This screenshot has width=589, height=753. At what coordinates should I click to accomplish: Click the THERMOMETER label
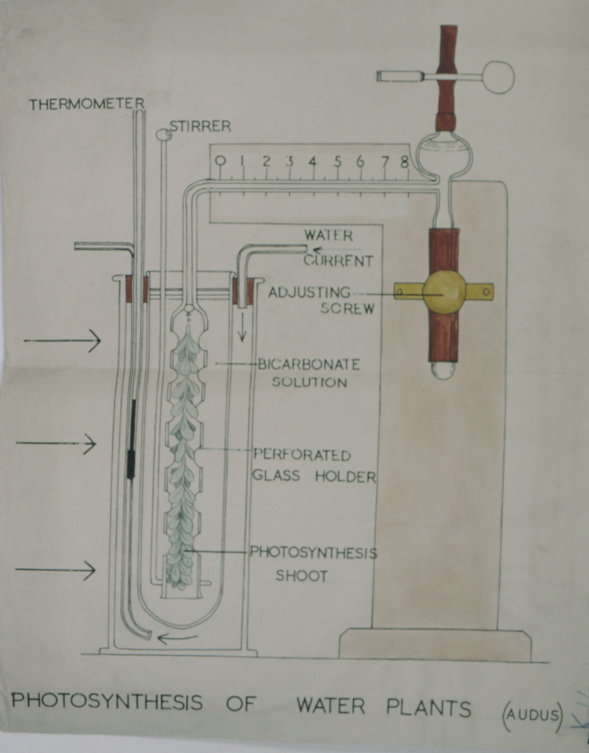[x=87, y=104]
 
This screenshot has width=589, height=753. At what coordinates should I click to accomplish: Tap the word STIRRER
[x=201, y=127]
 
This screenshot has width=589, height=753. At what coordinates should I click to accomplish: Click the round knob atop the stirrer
[x=162, y=134]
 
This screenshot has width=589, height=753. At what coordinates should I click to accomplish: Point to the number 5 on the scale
[x=337, y=162]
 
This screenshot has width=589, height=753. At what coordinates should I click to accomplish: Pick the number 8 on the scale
[x=405, y=162]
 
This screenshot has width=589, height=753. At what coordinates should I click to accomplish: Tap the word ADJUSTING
[x=309, y=293]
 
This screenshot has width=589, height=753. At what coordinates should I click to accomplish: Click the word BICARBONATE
[x=309, y=365]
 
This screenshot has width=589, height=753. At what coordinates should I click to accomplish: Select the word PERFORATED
[x=302, y=456]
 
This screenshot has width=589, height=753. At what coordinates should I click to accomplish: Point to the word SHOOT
[x=302, y=576]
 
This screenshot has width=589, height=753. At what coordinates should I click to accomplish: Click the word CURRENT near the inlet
[x=338, y=260]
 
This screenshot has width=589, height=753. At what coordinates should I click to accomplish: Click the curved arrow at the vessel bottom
[x=178, y=638]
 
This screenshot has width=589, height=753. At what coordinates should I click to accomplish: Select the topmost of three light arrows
[x=62, y=341]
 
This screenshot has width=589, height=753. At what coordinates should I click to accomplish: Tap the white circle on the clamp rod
[x=498, y=77]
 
